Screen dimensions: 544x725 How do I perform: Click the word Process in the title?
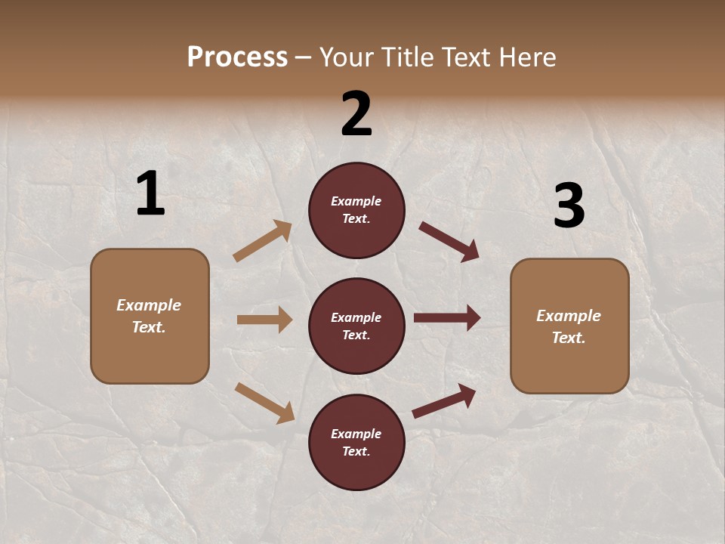pos(237,57)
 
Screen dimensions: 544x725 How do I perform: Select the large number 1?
pos(150,194)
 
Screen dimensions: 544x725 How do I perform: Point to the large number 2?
pos(356,114)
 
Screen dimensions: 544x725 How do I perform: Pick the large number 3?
pos(569,206)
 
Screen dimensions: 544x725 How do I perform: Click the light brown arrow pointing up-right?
pos(263,241)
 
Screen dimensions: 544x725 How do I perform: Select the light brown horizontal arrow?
pos(264,320)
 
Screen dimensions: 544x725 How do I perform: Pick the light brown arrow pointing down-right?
pos(265,403)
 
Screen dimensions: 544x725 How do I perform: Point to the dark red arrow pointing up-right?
pos(445,400)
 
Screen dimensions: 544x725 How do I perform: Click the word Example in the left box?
pos(149,305)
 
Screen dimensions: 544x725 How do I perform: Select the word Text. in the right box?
pos(569,338)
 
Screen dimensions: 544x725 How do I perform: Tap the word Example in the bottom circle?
pos(356,434)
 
